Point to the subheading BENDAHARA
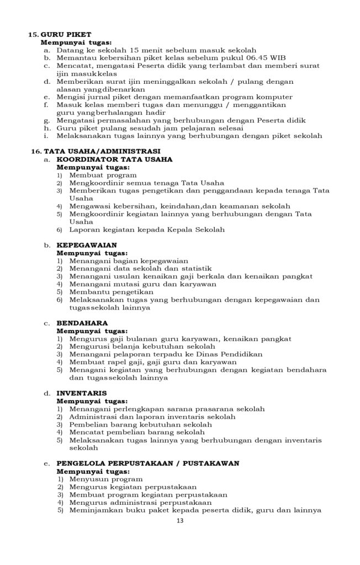82,322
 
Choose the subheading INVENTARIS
82,393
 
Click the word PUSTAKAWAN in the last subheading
214,463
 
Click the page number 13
179,520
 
